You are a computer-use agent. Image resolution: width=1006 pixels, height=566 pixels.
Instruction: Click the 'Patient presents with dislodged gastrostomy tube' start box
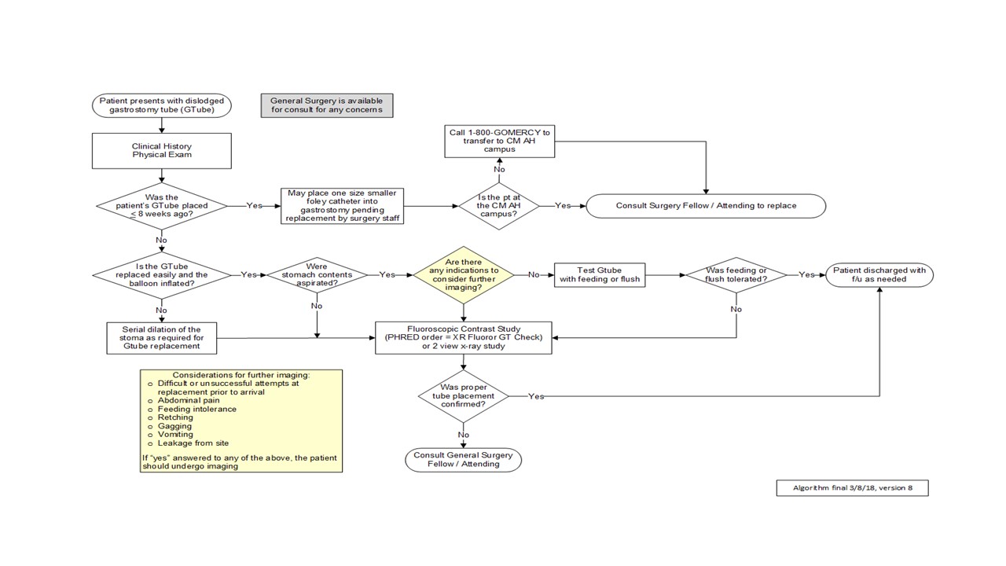pyautogui.click(x=162, y=105)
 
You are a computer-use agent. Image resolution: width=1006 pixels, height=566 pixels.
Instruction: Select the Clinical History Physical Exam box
pyautogui.click(x=162, y=150)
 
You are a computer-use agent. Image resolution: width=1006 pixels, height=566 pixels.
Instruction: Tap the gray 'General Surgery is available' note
pyautogui.click(x=327, y=105)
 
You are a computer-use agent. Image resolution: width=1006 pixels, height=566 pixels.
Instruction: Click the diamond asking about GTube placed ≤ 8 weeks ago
pyautogui.click(x=162, y=206)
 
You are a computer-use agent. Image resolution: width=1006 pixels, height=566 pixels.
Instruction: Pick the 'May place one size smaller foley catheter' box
pyautogui.click(x=342, y=206)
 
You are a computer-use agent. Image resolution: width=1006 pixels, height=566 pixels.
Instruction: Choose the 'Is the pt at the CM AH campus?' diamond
pyautogui.click(x=499, y=206)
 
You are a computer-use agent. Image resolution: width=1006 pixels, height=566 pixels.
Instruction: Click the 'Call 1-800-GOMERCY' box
pyautogui.click(x=499, y=141)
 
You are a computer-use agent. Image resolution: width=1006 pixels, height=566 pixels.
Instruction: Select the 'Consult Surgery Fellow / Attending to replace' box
pyautogui.click(x=706, y=206)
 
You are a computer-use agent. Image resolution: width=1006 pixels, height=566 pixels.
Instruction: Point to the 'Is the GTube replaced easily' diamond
pyautogui.click(x=162, y=275)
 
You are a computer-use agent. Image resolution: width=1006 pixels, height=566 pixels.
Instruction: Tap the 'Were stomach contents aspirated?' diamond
pyautogui.click(x=317, y=275)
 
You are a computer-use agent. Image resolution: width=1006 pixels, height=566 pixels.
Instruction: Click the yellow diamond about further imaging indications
pyautogui.click(x=464, y=275)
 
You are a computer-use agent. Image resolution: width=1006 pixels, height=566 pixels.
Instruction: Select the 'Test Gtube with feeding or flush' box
pyautogui.click(x=600, y=275)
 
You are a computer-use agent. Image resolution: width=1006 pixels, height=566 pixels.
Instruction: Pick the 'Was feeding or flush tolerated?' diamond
pyautogui.click(x=736, y=275)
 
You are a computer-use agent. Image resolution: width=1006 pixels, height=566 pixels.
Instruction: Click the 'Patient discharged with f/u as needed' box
pyautogui.click(x=879, y=275)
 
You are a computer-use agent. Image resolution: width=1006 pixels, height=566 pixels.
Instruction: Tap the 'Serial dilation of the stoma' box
pyautogui.click(x=162, y=338)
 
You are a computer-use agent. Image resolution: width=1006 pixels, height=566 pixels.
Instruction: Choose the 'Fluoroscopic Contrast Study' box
pyautogui.click(x=464, y=338)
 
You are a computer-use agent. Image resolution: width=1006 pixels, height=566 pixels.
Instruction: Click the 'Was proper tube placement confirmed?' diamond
pyautogui.click(x=464, y=395)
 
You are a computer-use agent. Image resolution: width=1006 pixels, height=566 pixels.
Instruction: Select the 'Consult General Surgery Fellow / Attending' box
pyautogui.click(x=464, y=460)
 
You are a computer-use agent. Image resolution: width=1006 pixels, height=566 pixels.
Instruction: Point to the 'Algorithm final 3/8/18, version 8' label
pyautogui.click(x=853, y=488)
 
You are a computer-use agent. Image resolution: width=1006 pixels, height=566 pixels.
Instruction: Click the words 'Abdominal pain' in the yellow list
pyautogui.click(x=189, y=400)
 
